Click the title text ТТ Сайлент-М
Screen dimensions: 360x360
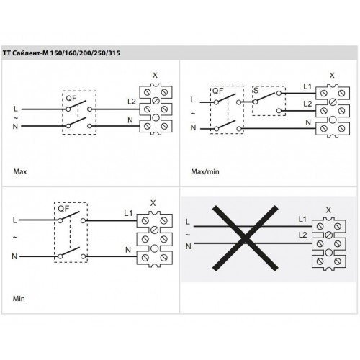tap(26, 53)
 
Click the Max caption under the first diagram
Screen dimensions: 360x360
tap(20, 171)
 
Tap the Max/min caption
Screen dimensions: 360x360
tap(205, 171)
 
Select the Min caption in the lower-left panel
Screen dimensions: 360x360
tap(19, 299)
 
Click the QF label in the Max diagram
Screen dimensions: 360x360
tap(71, 98)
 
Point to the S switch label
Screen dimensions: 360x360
tap(256, 91)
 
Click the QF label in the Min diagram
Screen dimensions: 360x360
tap(63, 209)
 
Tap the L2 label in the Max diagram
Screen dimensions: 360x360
tap(132, 102)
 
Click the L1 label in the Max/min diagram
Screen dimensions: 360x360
tap(307, 86)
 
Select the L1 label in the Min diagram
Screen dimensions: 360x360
tap(128, 213)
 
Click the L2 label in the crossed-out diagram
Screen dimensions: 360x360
tap(303, 235)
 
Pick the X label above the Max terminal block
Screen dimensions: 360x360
tap(155, 76)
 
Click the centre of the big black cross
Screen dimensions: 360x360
tap(246, 238)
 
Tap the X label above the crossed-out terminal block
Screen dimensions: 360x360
tap(328, 210)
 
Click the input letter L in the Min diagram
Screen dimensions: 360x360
tap(15, 220)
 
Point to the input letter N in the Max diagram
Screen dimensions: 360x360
tap(15, 127)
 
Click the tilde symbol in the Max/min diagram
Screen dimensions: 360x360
tap(193, 114)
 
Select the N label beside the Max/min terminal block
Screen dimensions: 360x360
tap(308, 122)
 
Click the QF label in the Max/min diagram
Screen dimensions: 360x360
tap(217, 91)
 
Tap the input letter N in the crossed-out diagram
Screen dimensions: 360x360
tap(189, 246)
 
